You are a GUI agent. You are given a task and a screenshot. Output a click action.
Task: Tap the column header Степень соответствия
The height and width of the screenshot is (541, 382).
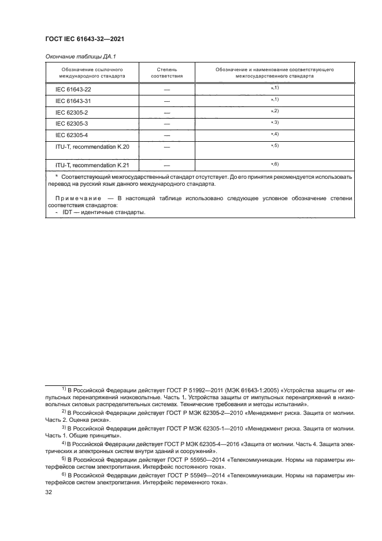(167, 72)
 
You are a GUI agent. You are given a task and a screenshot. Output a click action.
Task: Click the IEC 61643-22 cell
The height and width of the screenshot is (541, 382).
(73, 89)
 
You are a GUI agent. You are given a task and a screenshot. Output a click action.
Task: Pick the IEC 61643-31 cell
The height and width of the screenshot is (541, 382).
(73, 101)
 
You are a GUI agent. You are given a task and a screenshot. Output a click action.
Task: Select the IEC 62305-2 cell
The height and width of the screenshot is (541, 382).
(71, 112)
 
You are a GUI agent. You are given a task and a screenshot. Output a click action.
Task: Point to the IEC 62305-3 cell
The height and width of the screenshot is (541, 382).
(71, 123)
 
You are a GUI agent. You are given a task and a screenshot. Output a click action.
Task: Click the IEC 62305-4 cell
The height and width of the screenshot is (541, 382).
(71, 135)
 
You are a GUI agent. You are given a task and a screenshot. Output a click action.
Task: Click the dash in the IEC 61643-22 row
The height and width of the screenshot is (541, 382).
(167, 89)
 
